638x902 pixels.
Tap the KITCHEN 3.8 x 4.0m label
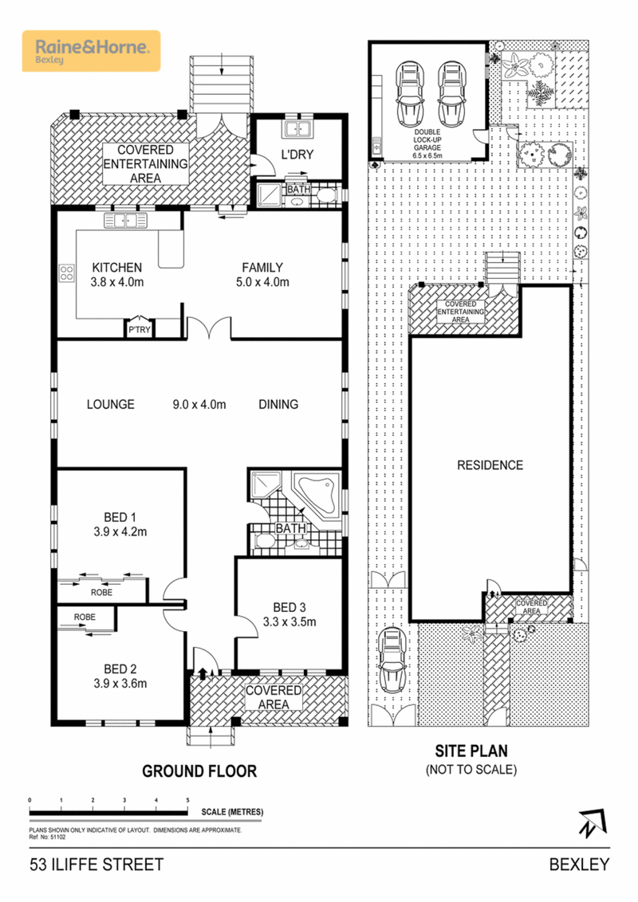(x=116, y=275)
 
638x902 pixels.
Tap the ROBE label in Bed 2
(x=85, y=617)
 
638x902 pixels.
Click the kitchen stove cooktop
(x=65, y=274)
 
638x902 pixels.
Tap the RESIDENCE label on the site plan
(x=490, y=465)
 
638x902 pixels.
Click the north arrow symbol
(x=589, y=823)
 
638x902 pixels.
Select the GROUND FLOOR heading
(x=199, y=771)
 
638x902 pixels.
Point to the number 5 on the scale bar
(x=187, y=799)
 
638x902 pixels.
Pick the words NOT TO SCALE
(x=471, y=770)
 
